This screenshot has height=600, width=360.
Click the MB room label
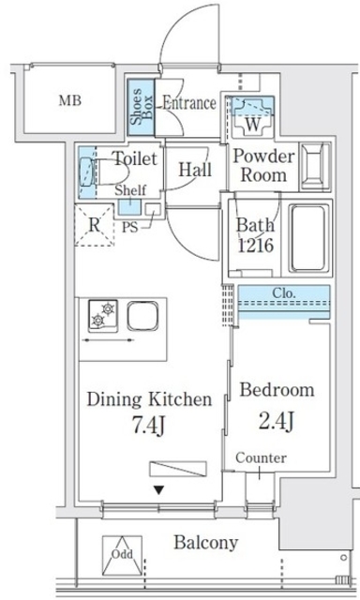(x=70, y=100)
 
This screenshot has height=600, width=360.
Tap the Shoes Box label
(x=142, y=107)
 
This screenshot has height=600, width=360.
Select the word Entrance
(x=189, y=103)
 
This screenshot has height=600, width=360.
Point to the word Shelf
(x=130, y=189)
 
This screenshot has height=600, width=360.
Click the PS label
(x=129, y=227)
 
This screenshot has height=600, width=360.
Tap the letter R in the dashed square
(x=94, y=225)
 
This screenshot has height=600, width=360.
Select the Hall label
(x=195, y=169)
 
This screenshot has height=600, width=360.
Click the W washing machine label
(x=252, y=124)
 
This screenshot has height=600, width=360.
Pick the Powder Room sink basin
(x=315, y=167)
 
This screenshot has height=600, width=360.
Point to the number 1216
(x=256, y=246)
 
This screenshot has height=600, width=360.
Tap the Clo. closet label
(x=284, y=293)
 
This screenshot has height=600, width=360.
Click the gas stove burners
(x=103, y=315)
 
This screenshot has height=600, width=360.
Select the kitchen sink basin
(x=142, y=316)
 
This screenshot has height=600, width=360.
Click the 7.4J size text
(x=148, y=424)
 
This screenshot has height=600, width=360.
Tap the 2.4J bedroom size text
(x=277, y=421)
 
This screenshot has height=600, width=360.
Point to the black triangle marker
(x=158, y=489)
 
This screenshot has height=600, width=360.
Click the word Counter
(x=261, y=457)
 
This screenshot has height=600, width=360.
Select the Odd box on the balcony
(x=122, y=555)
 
